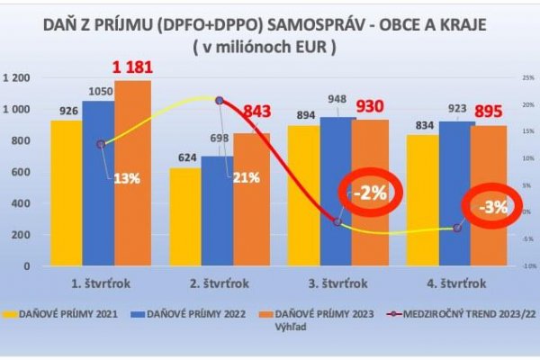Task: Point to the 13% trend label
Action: [126, 177]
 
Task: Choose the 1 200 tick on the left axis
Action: [18, 78]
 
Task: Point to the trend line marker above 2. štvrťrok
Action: [218, 100]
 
